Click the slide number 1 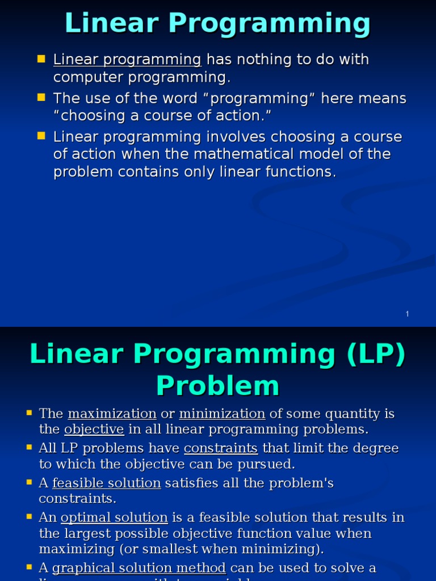click(x=408, y=314)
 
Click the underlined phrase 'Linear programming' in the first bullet click(x=127, y=60)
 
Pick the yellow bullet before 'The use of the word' click(x=41, y=97)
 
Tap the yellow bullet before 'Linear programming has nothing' click(x=41, y=58)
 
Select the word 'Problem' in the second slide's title click(x=218, y=386)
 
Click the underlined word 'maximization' click(x=112, y=414)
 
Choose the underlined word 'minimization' click(x=222, y=414)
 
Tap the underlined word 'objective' click(x=94, y=429)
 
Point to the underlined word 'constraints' click(x=221, y=449)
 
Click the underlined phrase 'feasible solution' click(x=107, y=483)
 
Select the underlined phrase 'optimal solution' click(x=114, y=518)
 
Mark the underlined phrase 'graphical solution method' click(x=139, y=568)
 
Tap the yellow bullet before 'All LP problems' click(x=29, y=448)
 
